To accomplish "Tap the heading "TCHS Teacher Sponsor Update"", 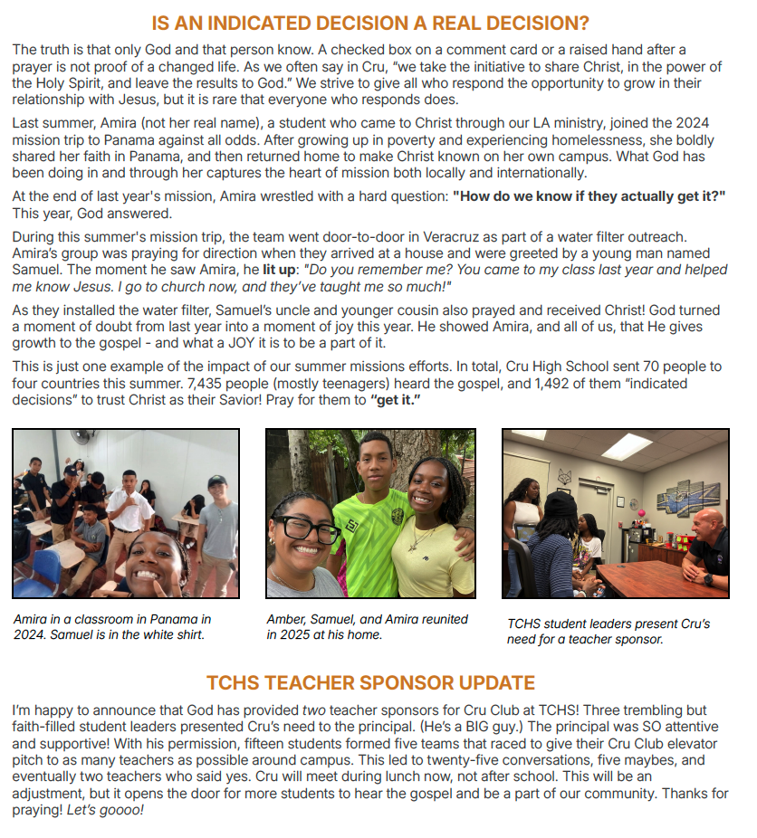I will coord(370,682).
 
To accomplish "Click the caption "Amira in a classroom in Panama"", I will coord(112,620).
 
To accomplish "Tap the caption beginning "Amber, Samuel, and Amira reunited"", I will coord(367,620).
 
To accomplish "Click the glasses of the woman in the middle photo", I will coord(304,530).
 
